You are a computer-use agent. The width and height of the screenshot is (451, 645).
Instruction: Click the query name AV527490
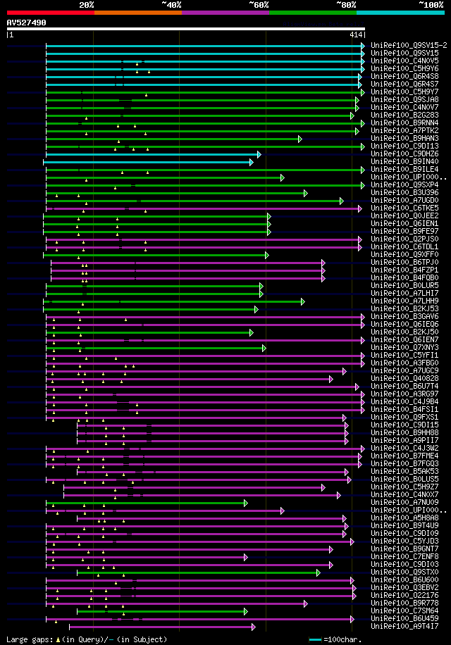pyautogui.click(x=27, y=23)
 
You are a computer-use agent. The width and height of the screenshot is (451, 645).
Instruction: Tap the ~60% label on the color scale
pyautogui.click(x=259, y=5)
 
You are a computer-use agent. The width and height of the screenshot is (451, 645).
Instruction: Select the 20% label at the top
pyautogui.click(x=87, y=5)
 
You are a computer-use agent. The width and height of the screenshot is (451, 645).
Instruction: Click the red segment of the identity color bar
pyautogui.click(x=50, y=12)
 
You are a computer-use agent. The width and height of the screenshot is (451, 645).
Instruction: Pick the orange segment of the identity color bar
pyautogui.click(x=137, y=12)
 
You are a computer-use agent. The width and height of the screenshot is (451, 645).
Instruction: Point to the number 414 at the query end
pyautogui.click(x=355, y=34)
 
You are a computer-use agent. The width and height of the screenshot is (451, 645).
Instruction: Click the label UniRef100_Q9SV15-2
pyautogui.click(x=409, y=45)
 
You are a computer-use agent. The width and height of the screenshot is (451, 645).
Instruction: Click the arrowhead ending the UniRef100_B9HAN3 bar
pyautogui.click(x=299, y=139)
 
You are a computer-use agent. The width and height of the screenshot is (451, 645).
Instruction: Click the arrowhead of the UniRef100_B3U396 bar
pyautogui.click(x=305, y=193)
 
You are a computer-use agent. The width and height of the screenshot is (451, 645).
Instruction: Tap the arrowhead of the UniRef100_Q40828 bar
pyautogui.click(x=330, y=379)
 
